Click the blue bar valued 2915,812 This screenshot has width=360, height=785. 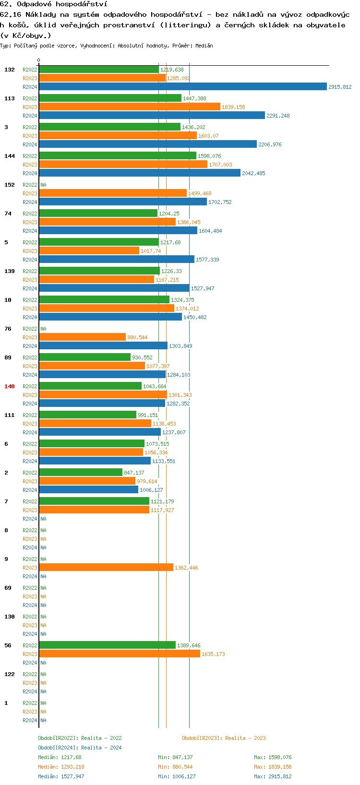182,87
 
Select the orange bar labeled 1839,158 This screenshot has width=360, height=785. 130,107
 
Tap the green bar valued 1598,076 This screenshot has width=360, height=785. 118,156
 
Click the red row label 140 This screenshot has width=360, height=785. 10,386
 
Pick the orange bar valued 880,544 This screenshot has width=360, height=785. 82,337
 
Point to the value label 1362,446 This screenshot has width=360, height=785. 186,568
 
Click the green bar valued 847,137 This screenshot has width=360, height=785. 81,473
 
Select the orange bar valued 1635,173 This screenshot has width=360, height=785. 120,654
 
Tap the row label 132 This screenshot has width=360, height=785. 10,70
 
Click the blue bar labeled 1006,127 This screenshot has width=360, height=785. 88,490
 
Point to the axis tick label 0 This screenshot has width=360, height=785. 39,60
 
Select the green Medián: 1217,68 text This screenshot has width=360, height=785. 60,757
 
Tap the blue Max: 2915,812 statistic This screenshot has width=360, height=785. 273,776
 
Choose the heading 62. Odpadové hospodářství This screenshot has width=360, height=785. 54,4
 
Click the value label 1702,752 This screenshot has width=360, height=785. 220,202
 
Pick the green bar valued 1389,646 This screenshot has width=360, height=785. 107,645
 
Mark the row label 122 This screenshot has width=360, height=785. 10,674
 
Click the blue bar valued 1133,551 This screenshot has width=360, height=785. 95,461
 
